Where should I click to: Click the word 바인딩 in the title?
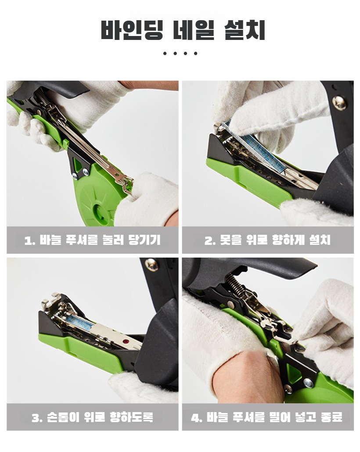pyautogui.click(x=132, y=30)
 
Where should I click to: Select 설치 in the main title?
pyautogui.click(x=245, y=30)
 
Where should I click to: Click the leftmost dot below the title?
pyautogui.click(x=165, y=54)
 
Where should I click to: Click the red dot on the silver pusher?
pyautogui.click(x=126, y=341)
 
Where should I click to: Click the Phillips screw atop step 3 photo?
pyautogui.click(x=151, y=264)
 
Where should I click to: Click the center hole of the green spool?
pyautogui.click(x=101, y=212)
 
